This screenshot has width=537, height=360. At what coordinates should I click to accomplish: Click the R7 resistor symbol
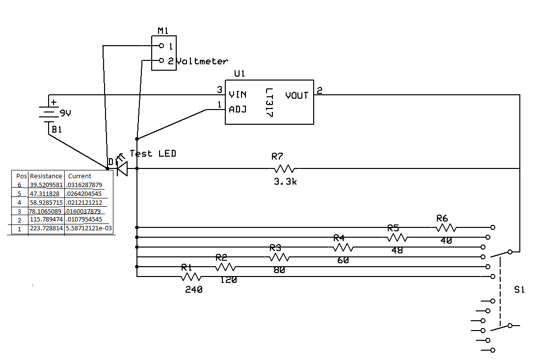tap(284, 168)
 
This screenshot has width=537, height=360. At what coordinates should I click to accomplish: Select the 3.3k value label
tap(285, 182)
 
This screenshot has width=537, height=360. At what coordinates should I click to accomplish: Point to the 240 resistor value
tap(193, 290)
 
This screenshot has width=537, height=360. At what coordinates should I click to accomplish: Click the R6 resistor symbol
tap(446, 227)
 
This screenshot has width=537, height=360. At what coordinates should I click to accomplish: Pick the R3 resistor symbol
tap(279, 257)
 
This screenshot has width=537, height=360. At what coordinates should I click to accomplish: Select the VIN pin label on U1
tap(238, 94)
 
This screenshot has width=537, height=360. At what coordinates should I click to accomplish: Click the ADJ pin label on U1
tap(238, 109)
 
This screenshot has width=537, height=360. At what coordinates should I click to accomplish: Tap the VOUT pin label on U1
tap(296, 95)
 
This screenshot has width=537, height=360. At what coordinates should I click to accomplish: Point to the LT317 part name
tap(268, 103)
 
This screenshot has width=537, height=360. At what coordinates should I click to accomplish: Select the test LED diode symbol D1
tap(122, 168)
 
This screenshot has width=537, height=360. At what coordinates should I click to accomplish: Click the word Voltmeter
tap(202, 61)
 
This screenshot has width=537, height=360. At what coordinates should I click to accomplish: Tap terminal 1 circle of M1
tap(161, 46)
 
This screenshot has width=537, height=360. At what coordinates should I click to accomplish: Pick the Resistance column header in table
tap(46, 176)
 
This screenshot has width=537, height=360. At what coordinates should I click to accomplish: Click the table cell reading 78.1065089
tap(46, 211)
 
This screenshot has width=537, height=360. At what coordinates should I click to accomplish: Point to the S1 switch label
tap(519, 290)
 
